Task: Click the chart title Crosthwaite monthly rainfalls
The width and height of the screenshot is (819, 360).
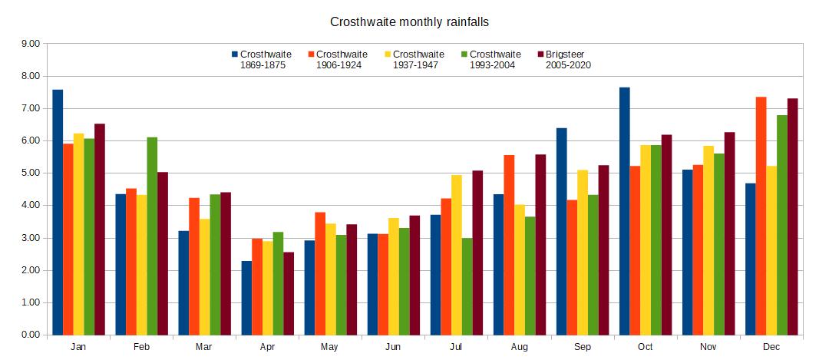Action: tap(409, 21)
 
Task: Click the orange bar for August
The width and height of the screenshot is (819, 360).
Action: tap(509, 245)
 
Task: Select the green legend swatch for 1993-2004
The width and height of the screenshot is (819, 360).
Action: tap(464, 54)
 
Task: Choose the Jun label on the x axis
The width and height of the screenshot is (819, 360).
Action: tap(392, 348)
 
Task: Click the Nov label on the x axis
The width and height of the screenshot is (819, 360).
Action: tap(708, 348)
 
